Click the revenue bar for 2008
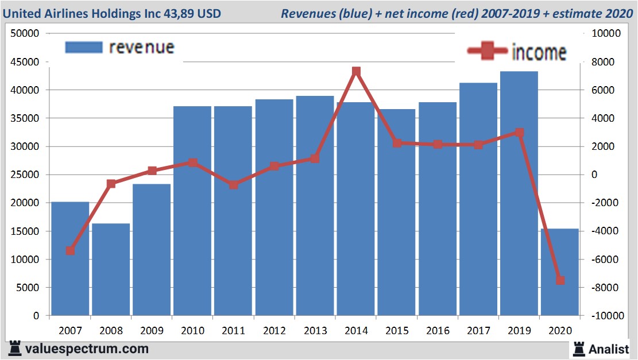point(111,269)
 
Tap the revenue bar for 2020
point(560,272)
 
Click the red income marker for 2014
point(356,72)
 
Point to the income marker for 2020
point(560,280)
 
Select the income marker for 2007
point(70,250)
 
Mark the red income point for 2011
point(233,185)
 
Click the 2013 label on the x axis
point(315,331)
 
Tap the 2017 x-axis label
point(478,331)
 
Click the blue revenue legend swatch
point(83,47)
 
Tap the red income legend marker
point(488,52)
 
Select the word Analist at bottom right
point(608,349)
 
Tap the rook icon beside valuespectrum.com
point(16,348)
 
